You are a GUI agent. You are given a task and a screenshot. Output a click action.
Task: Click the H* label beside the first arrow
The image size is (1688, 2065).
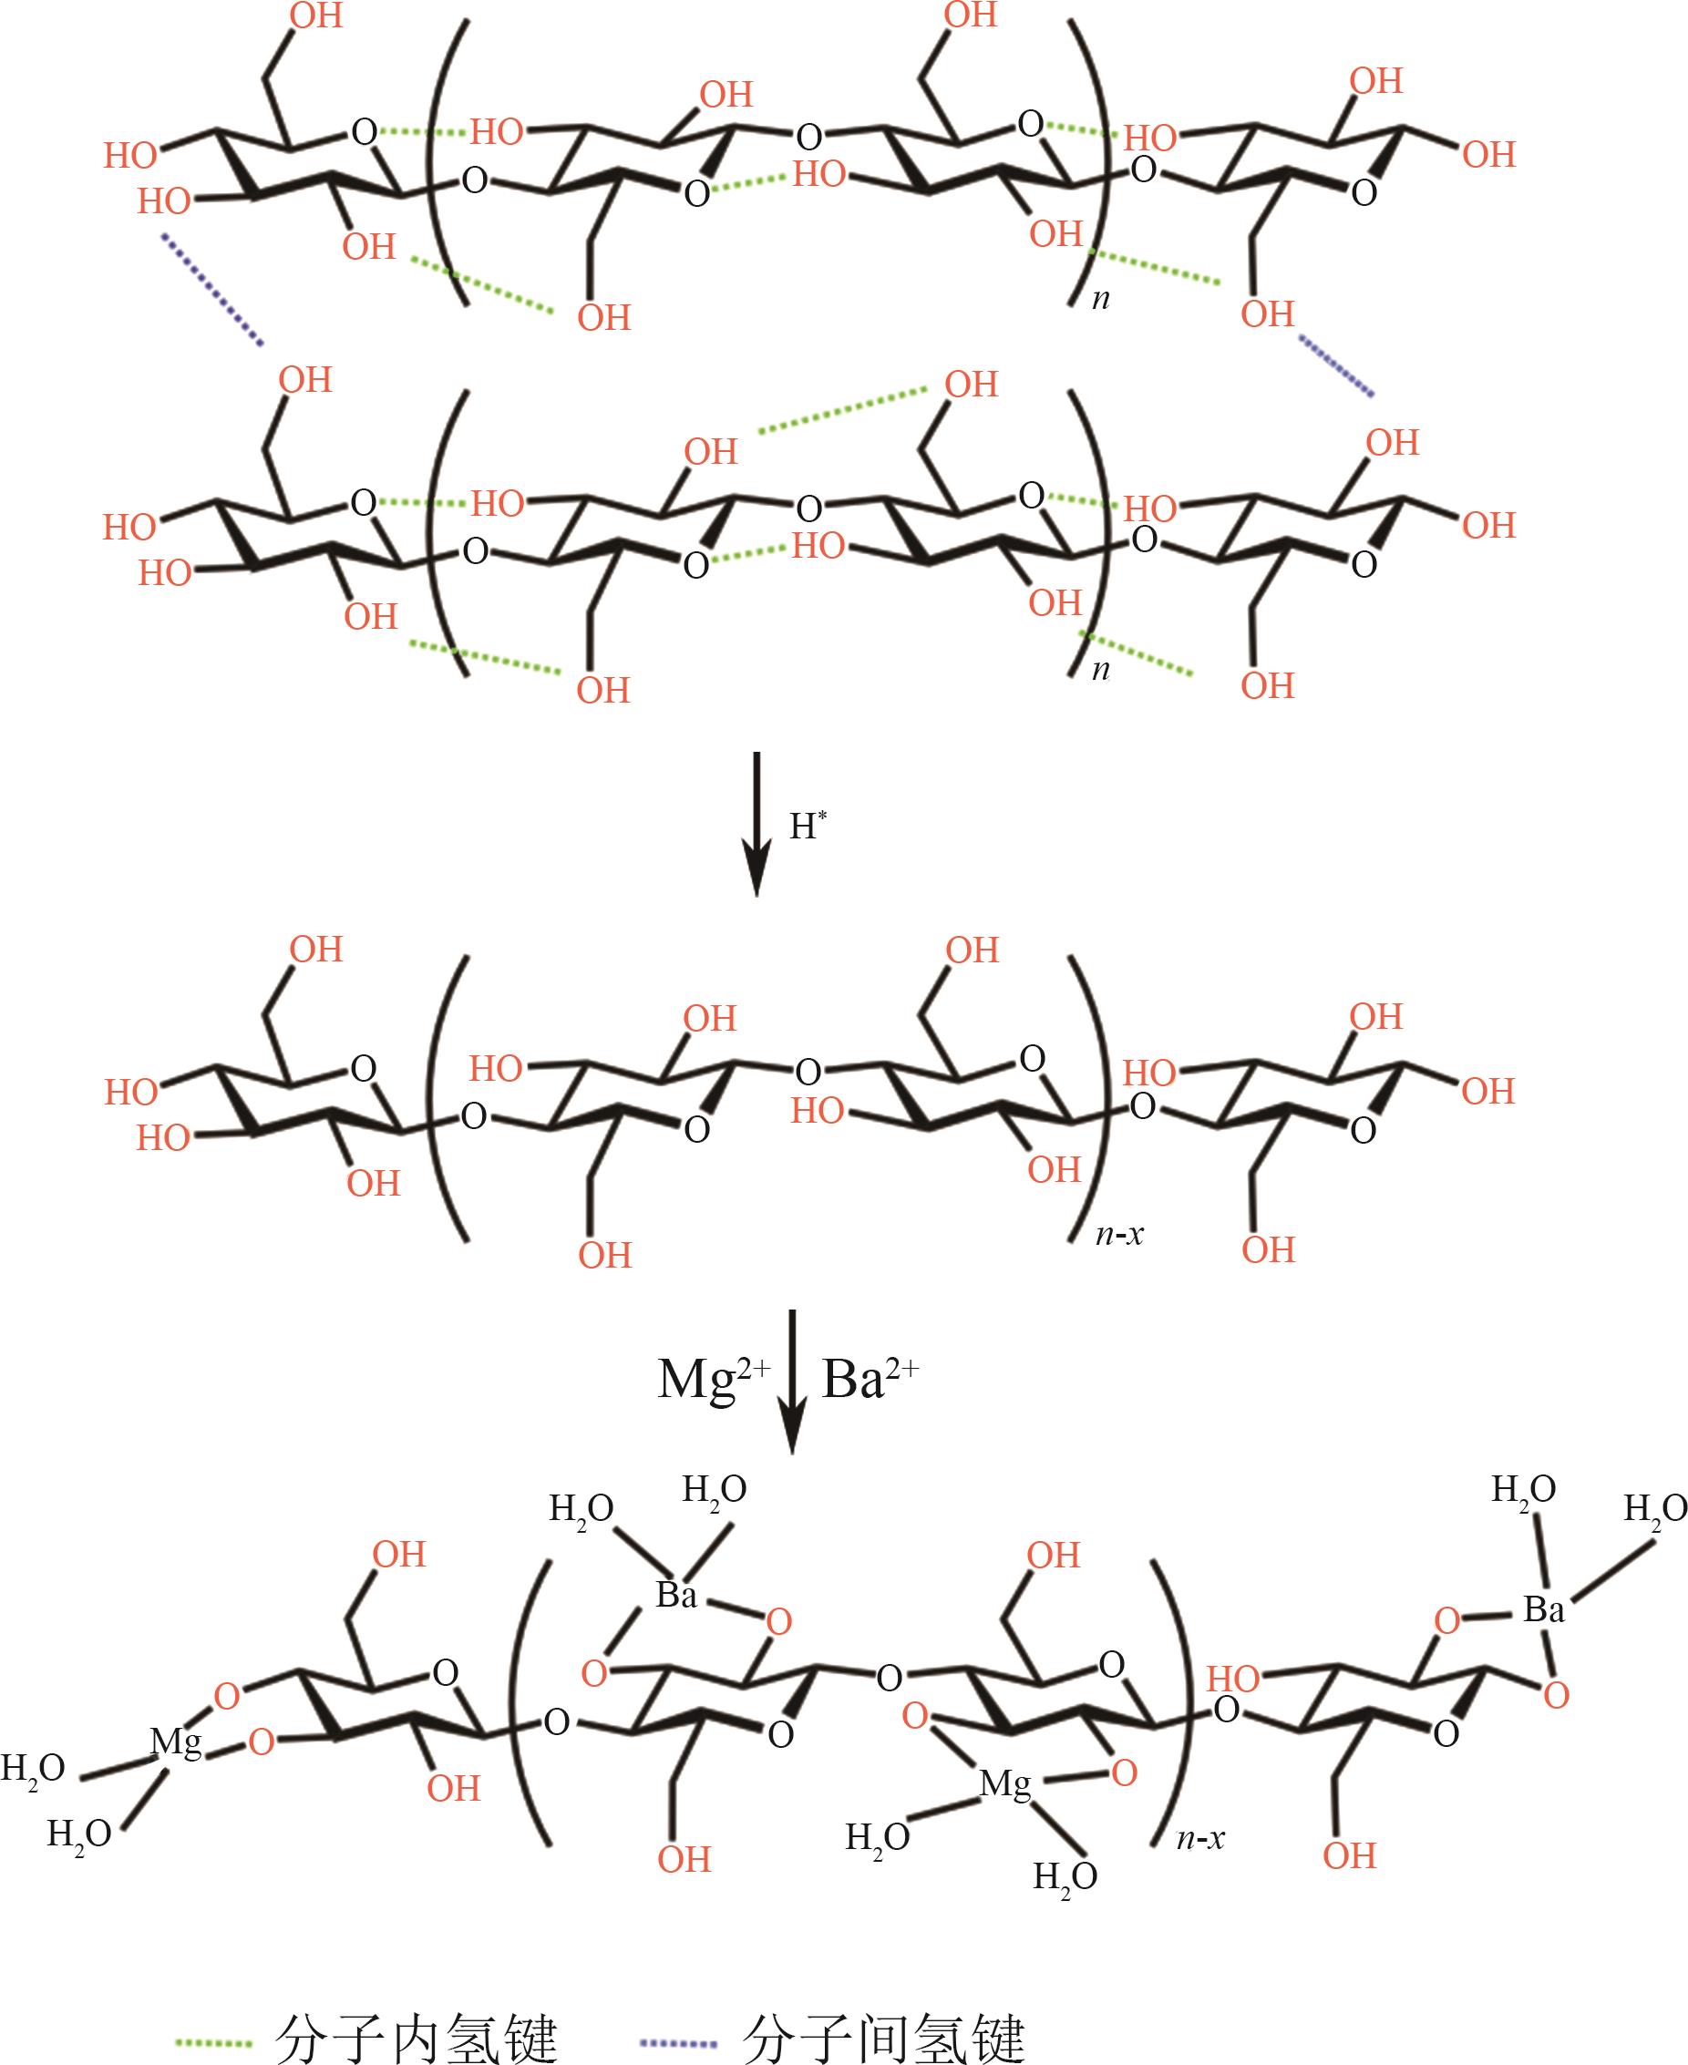coord(806,826)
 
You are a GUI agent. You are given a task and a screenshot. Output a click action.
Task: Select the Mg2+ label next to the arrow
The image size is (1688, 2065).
coord(713,1378)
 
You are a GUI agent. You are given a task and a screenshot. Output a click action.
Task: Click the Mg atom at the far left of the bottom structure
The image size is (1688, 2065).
coord(176,1741)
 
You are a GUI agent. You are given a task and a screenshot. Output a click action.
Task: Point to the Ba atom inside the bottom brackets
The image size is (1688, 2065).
coord(677,1595)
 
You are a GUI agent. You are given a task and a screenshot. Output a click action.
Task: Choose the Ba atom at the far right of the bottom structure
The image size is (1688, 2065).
coord(1543,1610)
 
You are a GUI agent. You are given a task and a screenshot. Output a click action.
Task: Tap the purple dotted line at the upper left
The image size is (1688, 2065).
coord(211,288)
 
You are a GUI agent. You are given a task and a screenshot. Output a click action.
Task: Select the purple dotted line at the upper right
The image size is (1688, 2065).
coord(1336,365)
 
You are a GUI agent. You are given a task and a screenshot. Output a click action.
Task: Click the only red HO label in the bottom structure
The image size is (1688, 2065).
coord(1232,1678)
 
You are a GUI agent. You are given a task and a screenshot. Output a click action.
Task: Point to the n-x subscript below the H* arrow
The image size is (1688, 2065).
coord(1119,1235)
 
